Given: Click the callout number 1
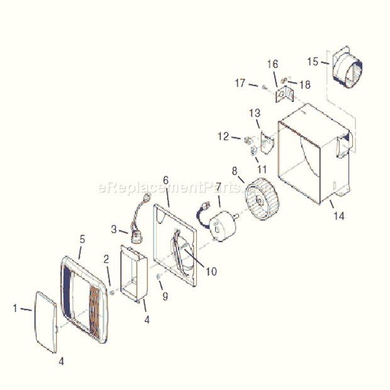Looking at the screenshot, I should click(x=16, y=308).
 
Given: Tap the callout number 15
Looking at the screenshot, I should click(x=313, y=62).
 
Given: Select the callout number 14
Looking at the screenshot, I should click(x=339, y=216).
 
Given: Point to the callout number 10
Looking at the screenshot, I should click(x=211, y=272).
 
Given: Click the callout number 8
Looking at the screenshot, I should click(x=235, y=170).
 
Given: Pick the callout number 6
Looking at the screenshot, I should click(x=166, y=180).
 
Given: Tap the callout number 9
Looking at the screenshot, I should click(x=165, y=296).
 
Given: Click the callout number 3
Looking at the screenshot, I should click(x=114, y=229).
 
